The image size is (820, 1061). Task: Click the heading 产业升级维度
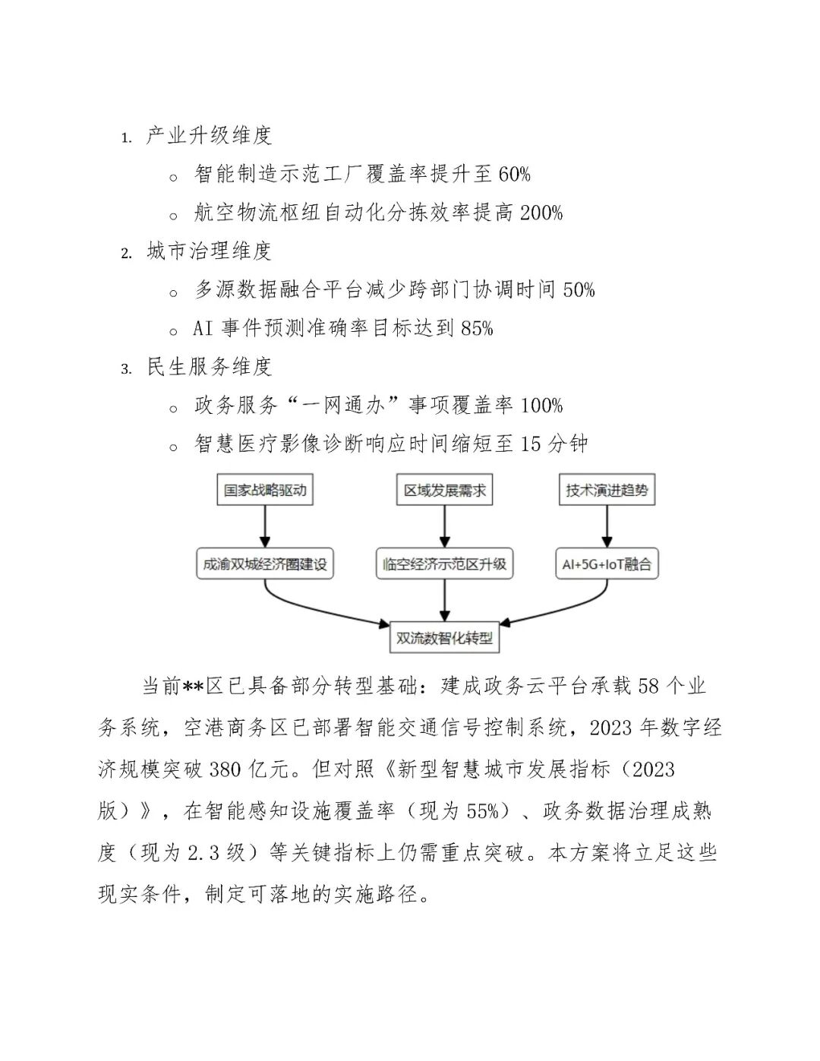(x=209, y=136)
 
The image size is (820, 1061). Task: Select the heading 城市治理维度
(x=209, y=251)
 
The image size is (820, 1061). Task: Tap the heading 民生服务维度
(x=209, y=367)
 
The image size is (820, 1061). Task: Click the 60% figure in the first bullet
(x=514, y=175)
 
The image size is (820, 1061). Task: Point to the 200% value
(x=541, y=213)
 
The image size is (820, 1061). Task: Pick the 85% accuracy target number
(x=477, y=329)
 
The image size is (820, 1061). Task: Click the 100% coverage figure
(x=541, y=406)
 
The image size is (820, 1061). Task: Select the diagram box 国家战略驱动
(x=265, y=490)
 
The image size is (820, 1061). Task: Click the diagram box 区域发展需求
(x=445, y=490)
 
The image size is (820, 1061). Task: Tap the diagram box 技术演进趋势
(x=607, y=490)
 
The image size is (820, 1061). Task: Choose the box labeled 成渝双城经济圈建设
(x=265, y=564)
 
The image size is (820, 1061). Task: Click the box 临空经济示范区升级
(x=445, y=564)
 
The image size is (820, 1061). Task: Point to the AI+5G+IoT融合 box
(x=607, y=564)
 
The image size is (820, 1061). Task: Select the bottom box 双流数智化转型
(x=445, y=638)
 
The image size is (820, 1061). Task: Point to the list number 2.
(x=126, y=254)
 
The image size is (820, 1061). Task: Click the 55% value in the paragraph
(x=482, y=811)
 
